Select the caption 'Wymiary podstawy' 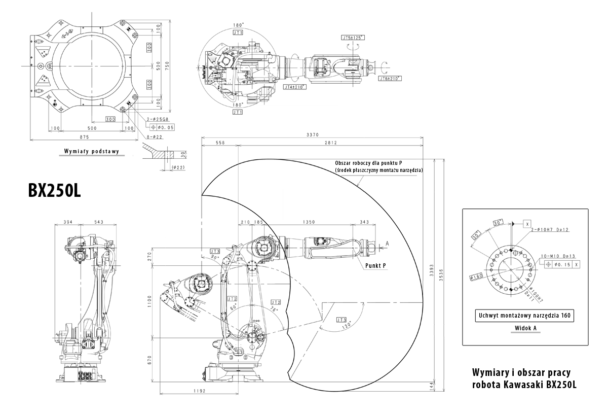pos(91,151)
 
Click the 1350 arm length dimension pos(309,222)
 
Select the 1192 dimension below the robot pos(199,390)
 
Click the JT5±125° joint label pos(353,38)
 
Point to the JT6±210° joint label pos(390,79)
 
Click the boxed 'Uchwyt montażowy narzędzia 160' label pos(525,316)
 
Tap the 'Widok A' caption pos(525,328)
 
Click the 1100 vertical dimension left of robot pos(149,302)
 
